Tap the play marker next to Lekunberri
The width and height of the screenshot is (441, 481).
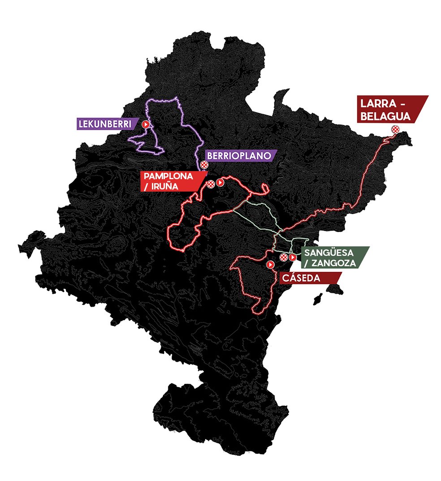[x=146, y=124]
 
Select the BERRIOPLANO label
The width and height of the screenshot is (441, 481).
[x=238, y=156]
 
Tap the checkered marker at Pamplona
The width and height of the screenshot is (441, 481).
[x=211, y=183]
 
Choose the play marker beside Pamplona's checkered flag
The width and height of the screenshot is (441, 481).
[x=220, y=182]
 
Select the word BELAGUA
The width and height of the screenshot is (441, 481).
[x=386, y=116]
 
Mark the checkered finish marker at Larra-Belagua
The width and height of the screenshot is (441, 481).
[x=395, y=129]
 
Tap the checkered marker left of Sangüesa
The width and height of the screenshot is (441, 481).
[x=283, y=257]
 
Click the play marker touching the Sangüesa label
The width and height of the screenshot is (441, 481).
[x=292, y=258]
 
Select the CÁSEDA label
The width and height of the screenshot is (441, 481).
[x=301, y=279]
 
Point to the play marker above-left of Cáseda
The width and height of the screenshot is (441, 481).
[x=270, y=265]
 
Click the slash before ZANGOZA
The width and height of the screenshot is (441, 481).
[x=307, y=263]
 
